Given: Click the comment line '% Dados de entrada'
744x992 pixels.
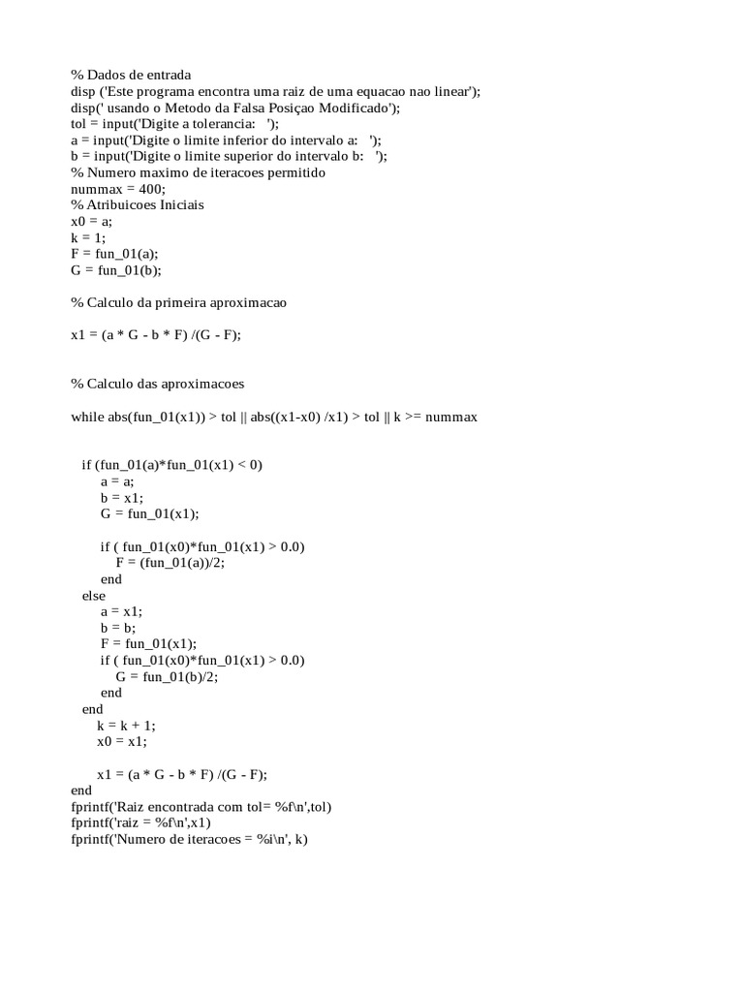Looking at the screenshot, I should pos(131,75).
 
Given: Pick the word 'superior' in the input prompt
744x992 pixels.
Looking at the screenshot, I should pos(257,156).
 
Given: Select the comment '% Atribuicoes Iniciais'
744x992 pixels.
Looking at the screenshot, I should pos(138,205).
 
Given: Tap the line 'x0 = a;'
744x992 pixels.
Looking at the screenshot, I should pos(92,222).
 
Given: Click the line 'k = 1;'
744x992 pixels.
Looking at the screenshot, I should pos(89,237).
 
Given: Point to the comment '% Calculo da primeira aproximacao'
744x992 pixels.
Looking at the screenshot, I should pos(178,303).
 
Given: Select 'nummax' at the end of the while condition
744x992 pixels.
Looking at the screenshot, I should pos(449,417).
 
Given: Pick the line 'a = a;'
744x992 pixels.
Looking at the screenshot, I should pos(117,481).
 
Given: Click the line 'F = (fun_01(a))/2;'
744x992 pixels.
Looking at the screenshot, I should pos(176,563).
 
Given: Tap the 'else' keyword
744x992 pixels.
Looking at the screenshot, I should pos(94,596).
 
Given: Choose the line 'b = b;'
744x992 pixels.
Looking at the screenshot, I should pos(118,628).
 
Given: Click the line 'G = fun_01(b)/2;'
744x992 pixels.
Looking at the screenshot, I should pos(167,677).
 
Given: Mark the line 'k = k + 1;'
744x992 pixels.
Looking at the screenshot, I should pos(126,726).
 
